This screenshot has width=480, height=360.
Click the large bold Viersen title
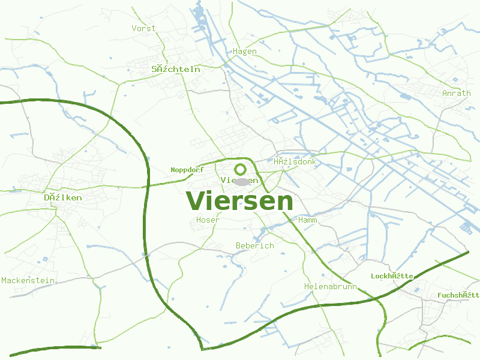[239, 201]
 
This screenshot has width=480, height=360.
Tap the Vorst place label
[143, 28]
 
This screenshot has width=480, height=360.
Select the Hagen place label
[245, 52]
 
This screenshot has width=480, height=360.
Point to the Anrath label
[456, 94]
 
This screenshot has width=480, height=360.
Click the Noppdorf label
[187, 170]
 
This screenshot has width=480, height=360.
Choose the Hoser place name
[208, 220]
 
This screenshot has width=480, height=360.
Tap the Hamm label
[307, 220]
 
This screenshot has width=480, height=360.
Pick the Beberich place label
[254, 246]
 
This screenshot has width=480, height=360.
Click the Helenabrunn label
[330, 287]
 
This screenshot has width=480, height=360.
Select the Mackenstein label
[28, 280]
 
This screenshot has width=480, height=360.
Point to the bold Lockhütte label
[392, 276]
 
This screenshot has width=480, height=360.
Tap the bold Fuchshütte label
[458, 295]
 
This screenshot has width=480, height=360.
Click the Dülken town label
[63, 197]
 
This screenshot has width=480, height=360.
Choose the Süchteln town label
[176, 70]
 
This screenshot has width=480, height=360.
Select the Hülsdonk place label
[295, 162]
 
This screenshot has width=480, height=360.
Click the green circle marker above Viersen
[241, 169]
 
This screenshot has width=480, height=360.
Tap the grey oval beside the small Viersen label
[242, 181]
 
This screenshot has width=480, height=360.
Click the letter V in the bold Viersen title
[196, 201]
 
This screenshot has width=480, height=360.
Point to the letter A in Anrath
[445, 94]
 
